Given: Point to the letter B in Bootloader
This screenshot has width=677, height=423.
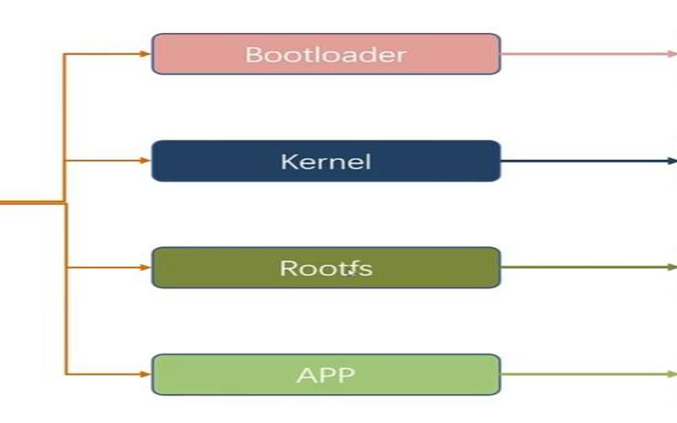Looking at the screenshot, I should (253, 55).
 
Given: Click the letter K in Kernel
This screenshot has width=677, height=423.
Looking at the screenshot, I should (289, 162).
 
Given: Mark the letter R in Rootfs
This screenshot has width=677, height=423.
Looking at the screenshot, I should (289, 268).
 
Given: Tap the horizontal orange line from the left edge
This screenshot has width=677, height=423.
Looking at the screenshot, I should (30, 203).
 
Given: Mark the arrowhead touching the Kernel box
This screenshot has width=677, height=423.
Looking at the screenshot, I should (146, 161).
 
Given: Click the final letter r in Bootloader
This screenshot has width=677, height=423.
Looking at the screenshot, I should (401, 56).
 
